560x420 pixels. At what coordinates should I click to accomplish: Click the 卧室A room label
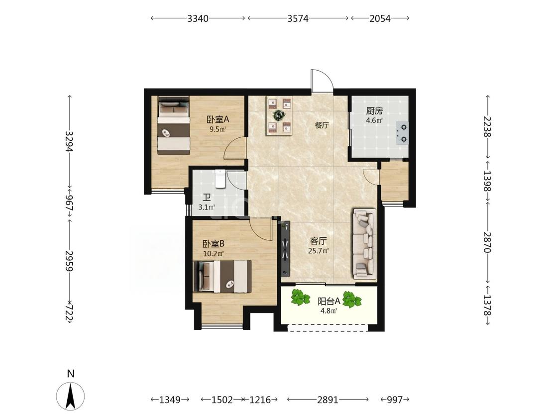pos(218,119)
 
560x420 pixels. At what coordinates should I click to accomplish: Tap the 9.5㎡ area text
pos(218,129)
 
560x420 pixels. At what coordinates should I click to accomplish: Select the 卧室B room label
pos(213,244)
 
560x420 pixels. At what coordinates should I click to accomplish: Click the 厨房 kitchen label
pos(374,110)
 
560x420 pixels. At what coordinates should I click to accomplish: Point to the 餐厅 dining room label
pos(322,125)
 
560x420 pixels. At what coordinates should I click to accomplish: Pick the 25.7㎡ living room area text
pos(318,251)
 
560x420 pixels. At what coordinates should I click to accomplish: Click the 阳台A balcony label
pos(329,301)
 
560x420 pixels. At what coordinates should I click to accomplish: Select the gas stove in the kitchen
pos(403,133)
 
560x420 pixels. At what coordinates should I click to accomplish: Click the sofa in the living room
pos(364,243)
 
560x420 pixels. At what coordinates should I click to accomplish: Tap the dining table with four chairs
pos(279,116)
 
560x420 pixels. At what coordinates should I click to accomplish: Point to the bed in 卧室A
pos(174,125)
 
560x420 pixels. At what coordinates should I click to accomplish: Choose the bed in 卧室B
pos(222,276)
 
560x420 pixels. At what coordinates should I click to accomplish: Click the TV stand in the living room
pos(285,249)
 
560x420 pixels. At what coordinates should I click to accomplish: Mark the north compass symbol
pos(71,395)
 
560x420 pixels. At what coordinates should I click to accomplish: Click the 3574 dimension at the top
pos(298,18)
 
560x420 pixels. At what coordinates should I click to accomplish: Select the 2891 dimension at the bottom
pos(328,400)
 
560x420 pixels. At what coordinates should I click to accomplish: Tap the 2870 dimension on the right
pos(487,242)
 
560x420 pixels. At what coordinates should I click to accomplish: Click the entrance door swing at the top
pos(322,81)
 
